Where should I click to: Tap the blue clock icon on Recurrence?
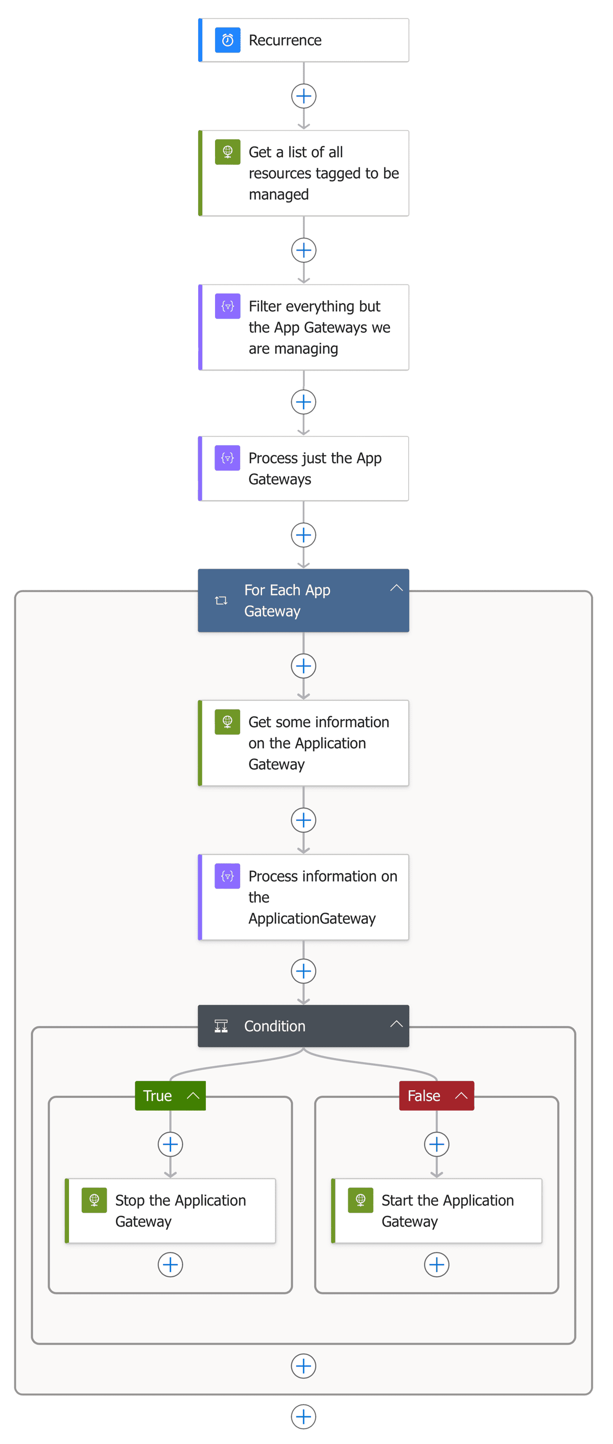(227, 40)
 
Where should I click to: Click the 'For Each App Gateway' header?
(292, 600)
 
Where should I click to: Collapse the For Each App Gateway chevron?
(396, 588)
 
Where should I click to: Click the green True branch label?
(158, 1096)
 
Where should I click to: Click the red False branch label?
(425, 1096)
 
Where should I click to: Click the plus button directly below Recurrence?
(303, 96)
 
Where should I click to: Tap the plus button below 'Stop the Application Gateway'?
(170, 1265)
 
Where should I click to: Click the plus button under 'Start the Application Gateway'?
(436, 1265)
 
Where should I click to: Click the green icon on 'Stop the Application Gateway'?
(93, 1200)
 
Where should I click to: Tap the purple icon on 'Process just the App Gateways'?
(227, 458)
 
